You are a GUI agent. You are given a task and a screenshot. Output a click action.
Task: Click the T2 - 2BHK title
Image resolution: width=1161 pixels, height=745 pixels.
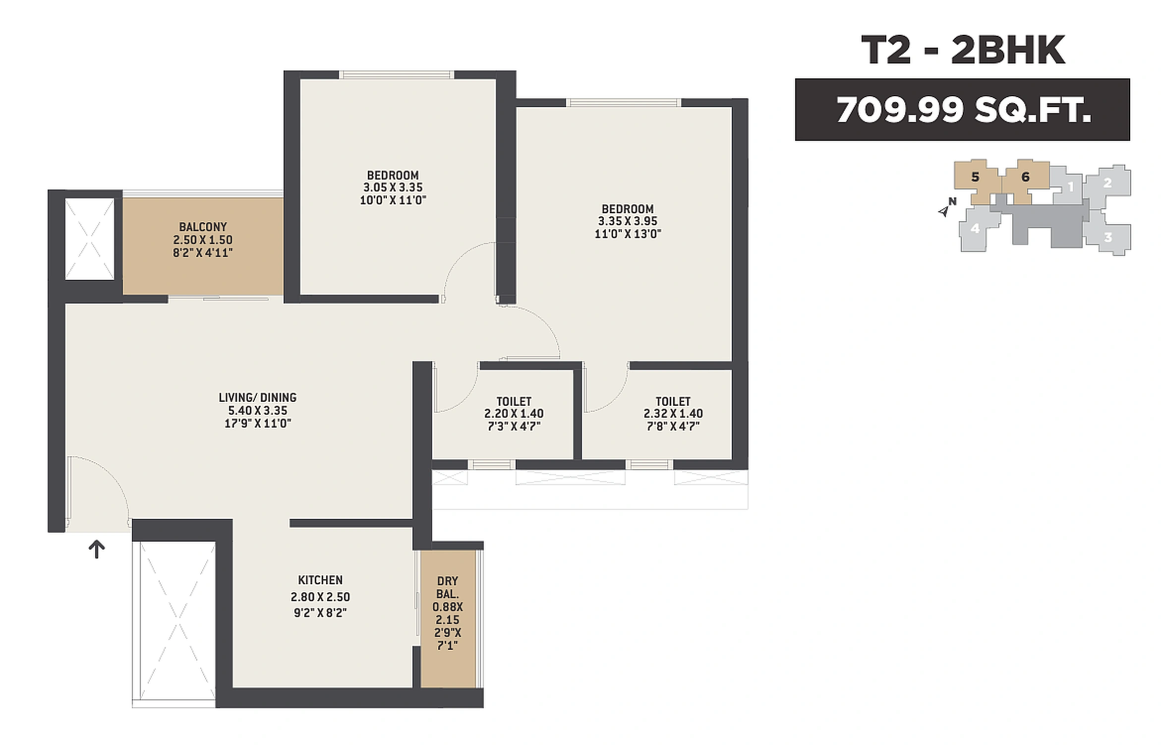pos(962,50)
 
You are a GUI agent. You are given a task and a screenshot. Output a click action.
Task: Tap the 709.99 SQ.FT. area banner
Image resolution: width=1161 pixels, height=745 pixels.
pos(962,110)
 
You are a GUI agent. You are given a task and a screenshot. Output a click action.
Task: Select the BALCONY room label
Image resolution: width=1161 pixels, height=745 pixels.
pos(203,227)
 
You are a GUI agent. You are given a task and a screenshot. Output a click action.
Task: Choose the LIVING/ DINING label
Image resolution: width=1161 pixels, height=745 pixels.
pos(257,398)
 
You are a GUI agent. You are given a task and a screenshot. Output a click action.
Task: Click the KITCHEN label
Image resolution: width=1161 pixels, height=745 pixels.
pos(320,580)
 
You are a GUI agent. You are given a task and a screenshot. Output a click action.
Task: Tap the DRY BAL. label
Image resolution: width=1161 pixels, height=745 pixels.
pos(447,587)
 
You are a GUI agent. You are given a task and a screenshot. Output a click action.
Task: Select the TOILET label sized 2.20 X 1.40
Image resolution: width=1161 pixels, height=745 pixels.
pos(514,401)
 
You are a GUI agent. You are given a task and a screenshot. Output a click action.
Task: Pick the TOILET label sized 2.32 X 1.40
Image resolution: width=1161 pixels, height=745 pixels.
pos(673,401)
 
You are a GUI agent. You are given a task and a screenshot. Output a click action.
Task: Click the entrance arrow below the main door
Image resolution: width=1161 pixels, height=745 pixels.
pos(97,549)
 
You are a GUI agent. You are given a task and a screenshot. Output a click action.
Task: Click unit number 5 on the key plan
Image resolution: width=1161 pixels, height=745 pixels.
pos(975,177)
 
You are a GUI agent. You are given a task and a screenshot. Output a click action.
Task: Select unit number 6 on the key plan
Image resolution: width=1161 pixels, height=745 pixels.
pos(1025,177)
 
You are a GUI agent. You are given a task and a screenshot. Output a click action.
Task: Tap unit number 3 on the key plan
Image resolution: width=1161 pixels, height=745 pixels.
pos(1108,237)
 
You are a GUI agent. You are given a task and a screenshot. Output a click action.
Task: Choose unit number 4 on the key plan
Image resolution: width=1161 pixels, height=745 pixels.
pos(975,229)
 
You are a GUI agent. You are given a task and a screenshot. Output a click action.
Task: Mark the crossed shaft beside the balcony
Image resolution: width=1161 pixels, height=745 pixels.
pos(90,240)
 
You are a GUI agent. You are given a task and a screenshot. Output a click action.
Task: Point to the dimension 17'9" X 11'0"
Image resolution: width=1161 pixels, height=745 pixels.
pos(257,424)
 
